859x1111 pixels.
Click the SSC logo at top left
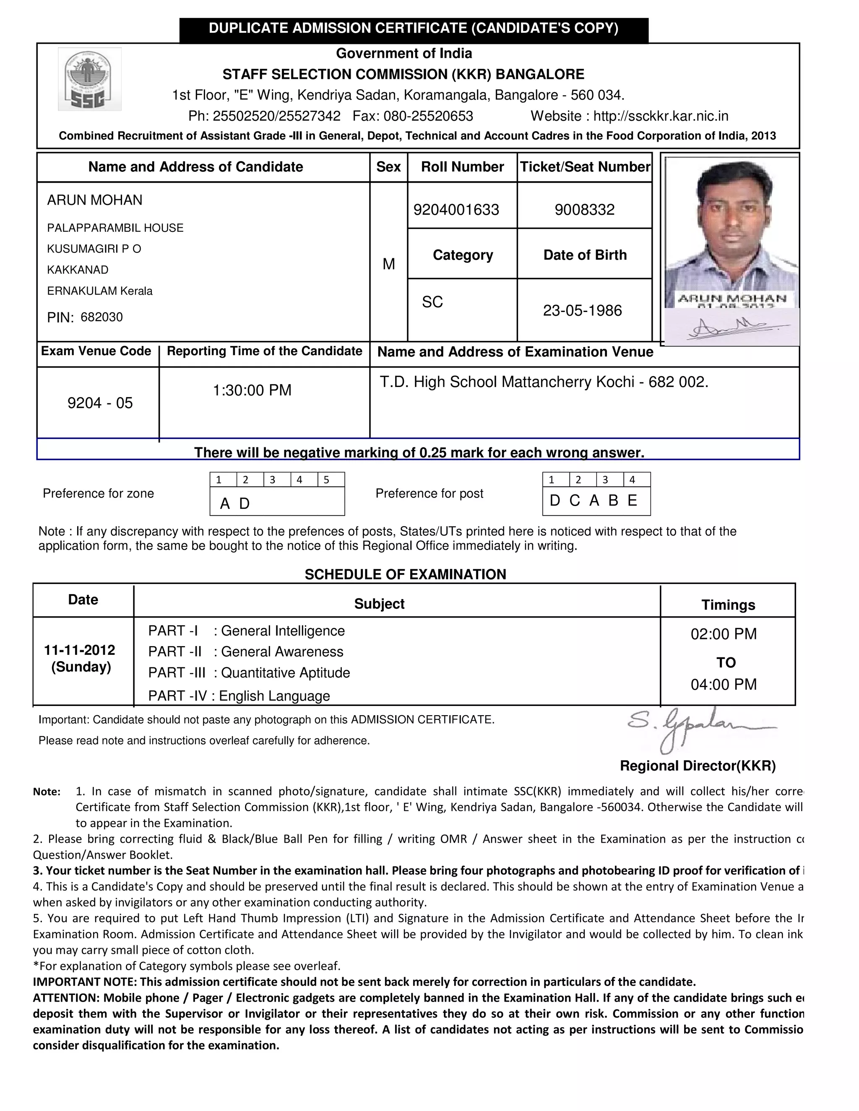click(x=90, y=79)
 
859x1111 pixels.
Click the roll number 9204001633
click(x=456, y=210)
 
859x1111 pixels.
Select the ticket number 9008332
click(x=585, y=210)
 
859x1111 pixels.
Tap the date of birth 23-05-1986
click(x=582, y=310)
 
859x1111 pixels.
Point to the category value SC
click(x=432, y=302)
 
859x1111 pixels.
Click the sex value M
click(x=388, y=264)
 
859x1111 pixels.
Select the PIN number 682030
click(x=102, y=317)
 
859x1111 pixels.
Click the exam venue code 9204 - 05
click(x=100, y=403)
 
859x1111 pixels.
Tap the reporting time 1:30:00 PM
click(x=252, y=390)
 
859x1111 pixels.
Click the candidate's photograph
click(x=731, y=234)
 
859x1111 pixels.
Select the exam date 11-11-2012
click(x=80, y=650)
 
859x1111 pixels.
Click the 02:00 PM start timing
click(x=723, y=634)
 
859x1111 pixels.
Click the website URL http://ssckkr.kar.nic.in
click(x=661, y=116)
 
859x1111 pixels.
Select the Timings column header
click(x=728, y=605)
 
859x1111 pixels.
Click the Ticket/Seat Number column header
click(x=585, y=167)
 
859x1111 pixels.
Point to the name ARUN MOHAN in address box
click(x=95, y=200)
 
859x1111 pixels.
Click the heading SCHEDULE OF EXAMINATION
click(x=405, y=574)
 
